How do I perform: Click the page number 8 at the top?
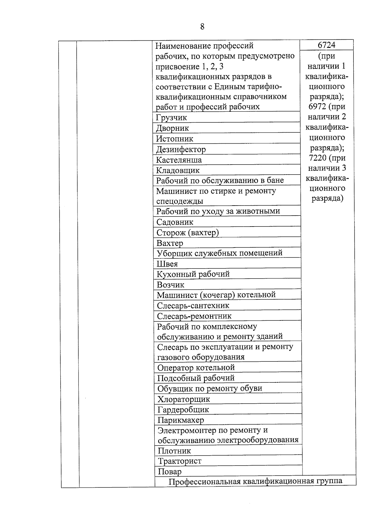click(x=202, y=27)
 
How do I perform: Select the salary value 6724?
click(x=326, y=45)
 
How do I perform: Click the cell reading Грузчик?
click(x=172, y=118)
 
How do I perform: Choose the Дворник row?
click(x=172, y=128)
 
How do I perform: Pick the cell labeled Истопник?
click(x=175, y=139)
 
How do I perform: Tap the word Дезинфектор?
click(x=181, y=149)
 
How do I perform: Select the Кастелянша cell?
click(x=179, y=160)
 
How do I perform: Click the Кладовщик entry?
click(x=178, y=171)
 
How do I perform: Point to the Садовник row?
click(x=175, y=222)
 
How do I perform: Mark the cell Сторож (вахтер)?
click(x=187, y=232)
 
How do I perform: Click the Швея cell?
click(x=167, y=264)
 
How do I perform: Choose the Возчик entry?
click(x=171, y=285)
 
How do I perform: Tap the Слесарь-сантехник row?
click(x=193, y=305)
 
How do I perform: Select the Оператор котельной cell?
click(x=196, y=367)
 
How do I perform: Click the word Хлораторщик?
click(x=184, y=399)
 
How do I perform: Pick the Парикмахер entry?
click(x=181, y=420)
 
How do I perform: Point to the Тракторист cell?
click(x=180, y=461)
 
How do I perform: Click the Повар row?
click(x=170, y=472)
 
